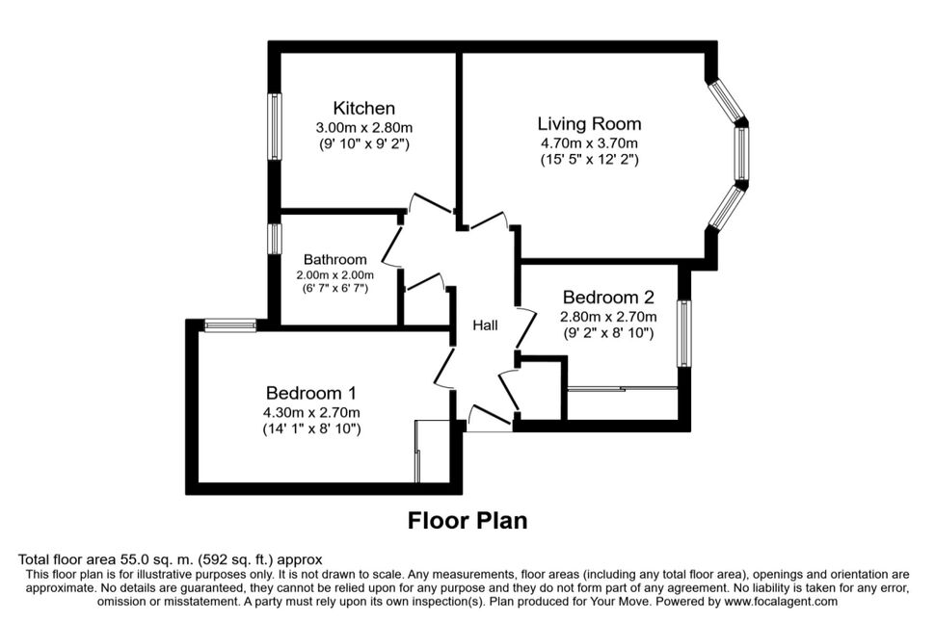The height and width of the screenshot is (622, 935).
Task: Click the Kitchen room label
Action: pyautogui.click(x=363, y=108)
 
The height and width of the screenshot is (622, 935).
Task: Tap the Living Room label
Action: pyautogui.click(x=589, y=124)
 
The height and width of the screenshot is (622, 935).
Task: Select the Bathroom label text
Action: pyautogui.click(x=335, y=259)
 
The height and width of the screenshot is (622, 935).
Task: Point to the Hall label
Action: pyautogui.click(x=486, y=325)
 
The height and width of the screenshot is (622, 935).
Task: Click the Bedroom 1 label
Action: pyautogui.click(x=311, y=393)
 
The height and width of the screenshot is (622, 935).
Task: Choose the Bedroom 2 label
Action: pyautogui.click(x=608, y=297)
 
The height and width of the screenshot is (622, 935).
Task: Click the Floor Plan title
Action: pyautogui.click(x=467, y=520)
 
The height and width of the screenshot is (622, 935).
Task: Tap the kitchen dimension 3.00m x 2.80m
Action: pyautogui.click(x=363, y=127)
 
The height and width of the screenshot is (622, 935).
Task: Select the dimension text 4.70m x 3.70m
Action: pyautogui.click(x=589, y=143)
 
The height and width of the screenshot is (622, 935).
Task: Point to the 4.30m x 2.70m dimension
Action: pyautogui.click(x=311, y=412)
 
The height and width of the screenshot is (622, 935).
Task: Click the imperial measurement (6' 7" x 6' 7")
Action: pyautogui.click(x=335, y=288)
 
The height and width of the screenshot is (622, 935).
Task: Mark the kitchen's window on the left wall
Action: pyautogui.click(x=275, y=126)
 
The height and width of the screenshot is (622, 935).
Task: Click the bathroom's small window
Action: pyautogui.click(x=275, y=239)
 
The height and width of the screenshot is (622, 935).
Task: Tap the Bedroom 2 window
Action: pyautogui.click(x=684, y=334)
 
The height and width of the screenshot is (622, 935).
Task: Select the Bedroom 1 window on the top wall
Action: pyautogui.click(x=230, y=325)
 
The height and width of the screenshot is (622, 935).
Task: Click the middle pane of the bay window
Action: pyautogui.click(x=741, y=153)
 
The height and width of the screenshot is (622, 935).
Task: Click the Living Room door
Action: pyautogui.click(x=489, y=220)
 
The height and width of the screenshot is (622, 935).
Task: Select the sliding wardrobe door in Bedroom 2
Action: pyautogui.click(x=622, y=389)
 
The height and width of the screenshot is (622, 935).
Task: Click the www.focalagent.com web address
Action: pyautogui.click(x=781, y=601)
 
